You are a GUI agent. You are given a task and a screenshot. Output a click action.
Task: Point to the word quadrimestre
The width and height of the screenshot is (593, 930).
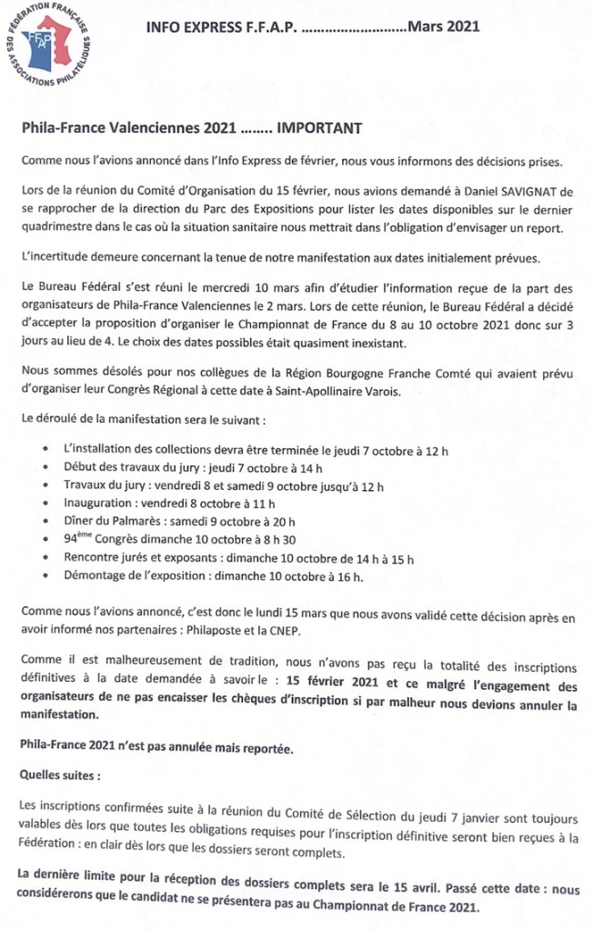tap(61, 227)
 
